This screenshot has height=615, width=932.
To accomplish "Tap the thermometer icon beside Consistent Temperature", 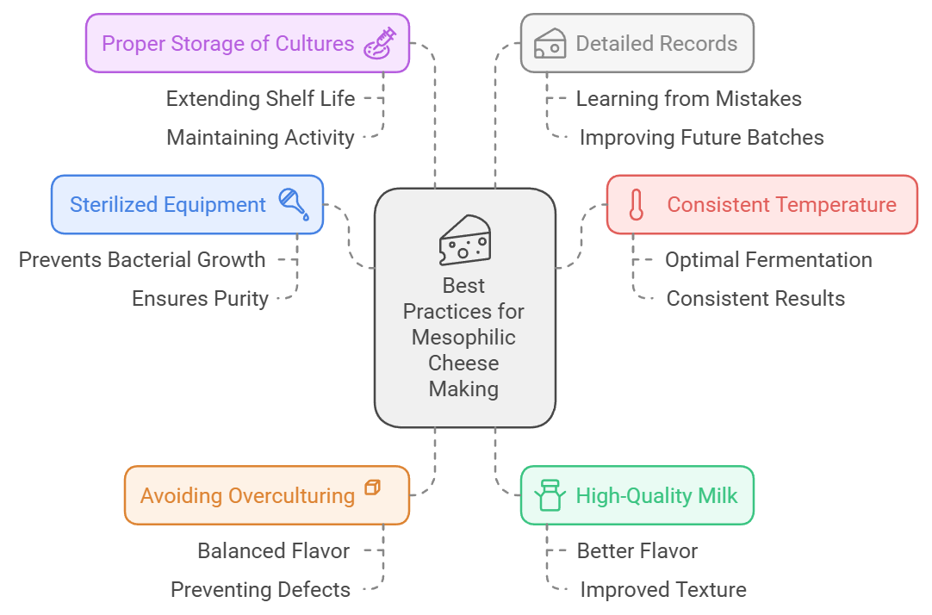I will click(637, 205).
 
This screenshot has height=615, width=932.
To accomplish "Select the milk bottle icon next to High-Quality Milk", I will click(550, 495).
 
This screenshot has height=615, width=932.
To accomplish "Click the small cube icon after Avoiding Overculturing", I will click(373, 488).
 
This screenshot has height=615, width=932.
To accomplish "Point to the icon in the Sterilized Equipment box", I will click(294, 204).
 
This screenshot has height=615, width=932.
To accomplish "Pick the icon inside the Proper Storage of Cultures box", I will click(380, 43).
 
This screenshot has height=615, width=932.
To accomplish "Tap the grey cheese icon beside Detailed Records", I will click(550, 43).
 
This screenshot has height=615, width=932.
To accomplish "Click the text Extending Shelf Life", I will click(260, 99).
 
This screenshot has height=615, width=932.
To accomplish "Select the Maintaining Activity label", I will click(260, 138).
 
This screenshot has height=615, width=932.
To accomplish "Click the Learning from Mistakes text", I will click(688, 99).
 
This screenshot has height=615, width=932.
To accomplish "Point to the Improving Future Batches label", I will click(701, 138).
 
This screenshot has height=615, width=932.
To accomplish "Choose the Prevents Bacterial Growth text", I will click(142, 259).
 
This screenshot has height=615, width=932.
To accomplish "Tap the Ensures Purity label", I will click(200, 299).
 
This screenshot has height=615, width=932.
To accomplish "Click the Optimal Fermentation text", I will click(768, 260).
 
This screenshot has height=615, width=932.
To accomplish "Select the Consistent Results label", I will click(755, 299).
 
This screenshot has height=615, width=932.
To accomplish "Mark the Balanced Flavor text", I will click(274, 550).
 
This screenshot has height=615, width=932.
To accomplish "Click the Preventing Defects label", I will click(260, 590).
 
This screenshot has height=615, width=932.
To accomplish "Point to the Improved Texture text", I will click(663, 590).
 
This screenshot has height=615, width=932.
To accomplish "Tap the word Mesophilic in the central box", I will click(464, 337).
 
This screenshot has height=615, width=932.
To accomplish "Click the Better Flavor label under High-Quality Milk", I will click(637, 550).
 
